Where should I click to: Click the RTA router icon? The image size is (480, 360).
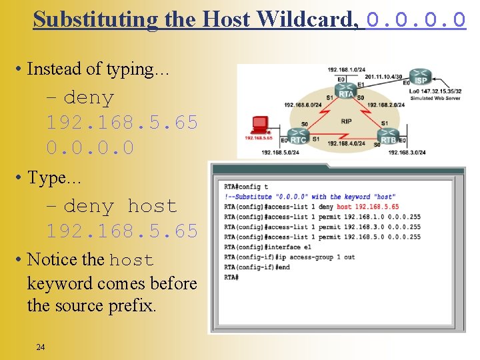pyautogui.click(x=346, y=94)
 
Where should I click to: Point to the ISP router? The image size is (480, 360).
pyautogui.click(x=421, y=76)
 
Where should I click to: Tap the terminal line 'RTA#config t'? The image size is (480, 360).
pyautogui.click(x=246, y=187)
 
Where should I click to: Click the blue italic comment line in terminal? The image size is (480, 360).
pyautogui.click(x=310, y=197)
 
